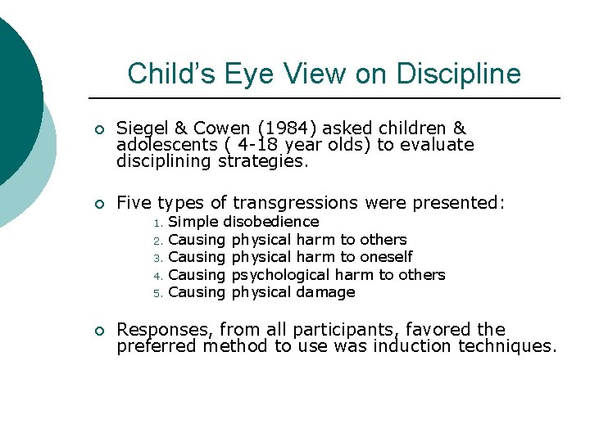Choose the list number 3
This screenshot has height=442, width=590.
160,258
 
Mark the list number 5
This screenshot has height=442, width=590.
160,293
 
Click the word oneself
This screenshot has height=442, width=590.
386,257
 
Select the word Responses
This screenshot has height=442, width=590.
164,330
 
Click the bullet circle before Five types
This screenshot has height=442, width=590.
98,203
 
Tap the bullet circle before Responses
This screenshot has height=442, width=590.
98,331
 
